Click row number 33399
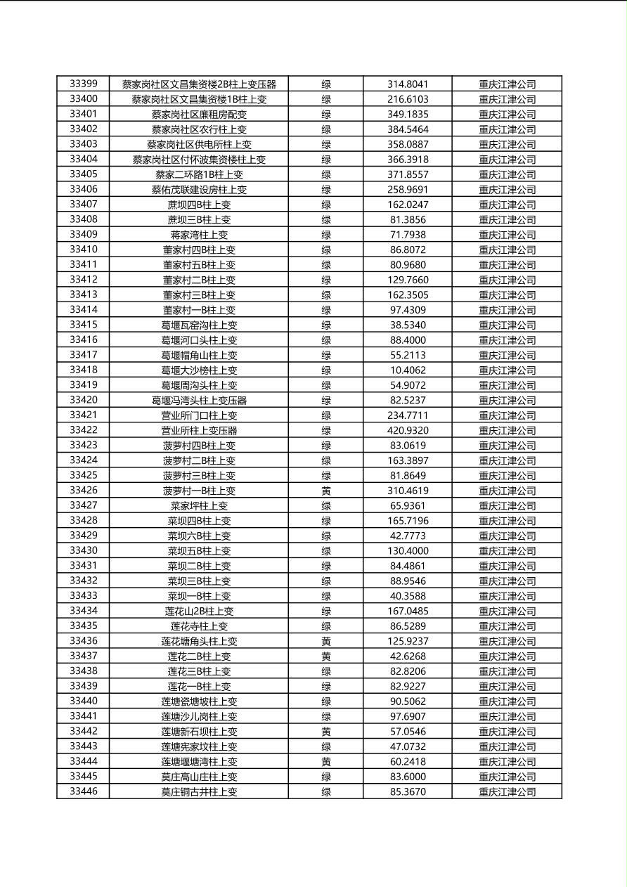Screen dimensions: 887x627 pyautogui.click(x=84, y=84)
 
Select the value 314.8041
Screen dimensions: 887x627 pyautogui.click(x=408, y=84)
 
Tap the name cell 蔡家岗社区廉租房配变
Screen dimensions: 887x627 pyautogui.click(x=199, y=115)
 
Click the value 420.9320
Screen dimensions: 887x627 pyautogui.click(x=408, y=430)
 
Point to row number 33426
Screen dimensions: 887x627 pyautogui.click(x=84, y=491)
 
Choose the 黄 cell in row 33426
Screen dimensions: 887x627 pyautogui.click(x=326, y=491)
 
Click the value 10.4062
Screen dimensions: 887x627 pyautogui.click(x=408, y=370)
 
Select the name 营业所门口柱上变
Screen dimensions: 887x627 pyautogui.click(x=199, y=415)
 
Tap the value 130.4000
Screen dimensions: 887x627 pyautogui.click(x=408, y=551)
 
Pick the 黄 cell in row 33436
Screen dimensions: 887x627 pyautogui.click(x=326, y=641)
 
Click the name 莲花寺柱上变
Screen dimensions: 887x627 pyautogui.click(x=199, y=626)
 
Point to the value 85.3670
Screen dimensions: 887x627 pyautogui.click(x=408, y=791)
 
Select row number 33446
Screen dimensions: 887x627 pyautogui.click(x=84, y=791)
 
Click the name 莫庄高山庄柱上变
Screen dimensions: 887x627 pyautogui.click(x=199, y=777)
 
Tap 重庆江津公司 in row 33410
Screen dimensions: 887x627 pyautogui.click(x=507, y=250)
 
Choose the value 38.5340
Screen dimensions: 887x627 pyautogui.click(x=408, y=325)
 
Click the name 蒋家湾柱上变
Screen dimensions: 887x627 pyautogui.click(x=199, y=235)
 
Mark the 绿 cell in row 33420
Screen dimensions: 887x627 pyautogui.click(x=326, y=401)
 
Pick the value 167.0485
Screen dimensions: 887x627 pyautogui.click(x=408, y=611)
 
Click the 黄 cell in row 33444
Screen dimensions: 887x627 pyautogui.click(x=326, y=761)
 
